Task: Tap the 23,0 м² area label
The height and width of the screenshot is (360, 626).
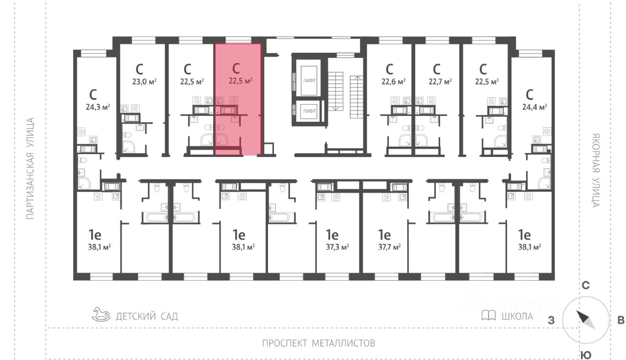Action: (x=144, y=82)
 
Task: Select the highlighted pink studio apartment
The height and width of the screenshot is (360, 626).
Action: (x=238, y=98)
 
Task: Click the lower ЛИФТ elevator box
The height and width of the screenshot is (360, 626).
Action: (x=309, y=111)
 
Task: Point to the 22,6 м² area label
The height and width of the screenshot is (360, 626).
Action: (x=393, y=82)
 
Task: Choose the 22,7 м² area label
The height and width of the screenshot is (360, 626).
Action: (x=440, y=82)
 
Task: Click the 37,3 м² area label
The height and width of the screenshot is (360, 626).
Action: (x=337, y=247)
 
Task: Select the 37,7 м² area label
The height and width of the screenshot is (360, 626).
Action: (x=389, y=247)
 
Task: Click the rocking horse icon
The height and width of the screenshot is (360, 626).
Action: (x=101, y=314)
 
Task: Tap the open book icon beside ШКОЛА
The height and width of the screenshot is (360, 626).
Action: (x=489, y=315)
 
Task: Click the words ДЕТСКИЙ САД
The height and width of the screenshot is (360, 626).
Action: (x=147, y=316)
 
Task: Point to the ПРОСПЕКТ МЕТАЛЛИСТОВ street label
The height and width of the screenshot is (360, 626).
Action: (x=318, y=342)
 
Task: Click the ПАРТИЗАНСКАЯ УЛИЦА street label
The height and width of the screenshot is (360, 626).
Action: (x=30, y=168)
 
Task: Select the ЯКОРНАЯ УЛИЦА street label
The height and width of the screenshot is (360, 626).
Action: (x=595, y=170)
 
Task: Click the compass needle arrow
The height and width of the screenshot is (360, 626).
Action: (x=586, y=319)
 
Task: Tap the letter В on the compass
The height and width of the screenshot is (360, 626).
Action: (x=621, y=321)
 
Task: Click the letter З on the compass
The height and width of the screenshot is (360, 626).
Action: (x=551, y=321)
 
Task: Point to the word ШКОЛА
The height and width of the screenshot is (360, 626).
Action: (x=517, y=316)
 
